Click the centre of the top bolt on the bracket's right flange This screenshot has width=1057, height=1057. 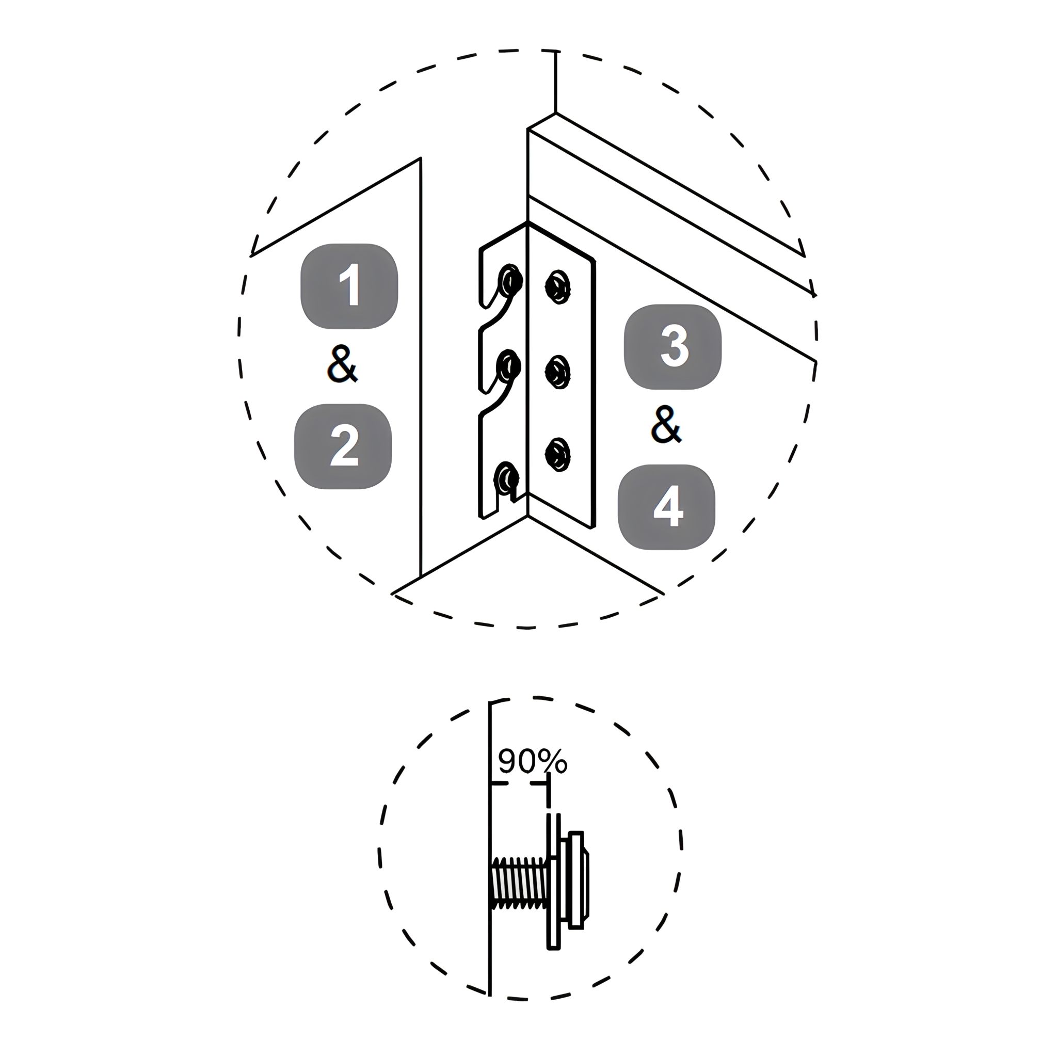point(558,286)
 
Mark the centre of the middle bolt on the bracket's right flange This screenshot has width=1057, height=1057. point(558,372)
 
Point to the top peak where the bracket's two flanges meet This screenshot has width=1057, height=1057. point(527,222)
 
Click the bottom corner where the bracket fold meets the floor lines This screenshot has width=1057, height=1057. point(527,516)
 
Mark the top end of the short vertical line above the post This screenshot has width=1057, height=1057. point(556,51)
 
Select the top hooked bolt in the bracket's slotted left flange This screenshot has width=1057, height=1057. point(509,281)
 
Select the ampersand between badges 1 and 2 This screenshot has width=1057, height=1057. point(343,364)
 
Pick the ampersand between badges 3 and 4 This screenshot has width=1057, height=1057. point(666,425)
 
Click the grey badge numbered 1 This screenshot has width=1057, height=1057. point(349,285)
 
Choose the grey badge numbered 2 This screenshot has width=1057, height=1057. point(343,446)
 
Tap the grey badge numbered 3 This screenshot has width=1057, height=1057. point(673,347)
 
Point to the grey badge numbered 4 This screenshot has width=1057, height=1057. point(666,507)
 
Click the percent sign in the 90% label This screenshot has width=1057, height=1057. point(553,762)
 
